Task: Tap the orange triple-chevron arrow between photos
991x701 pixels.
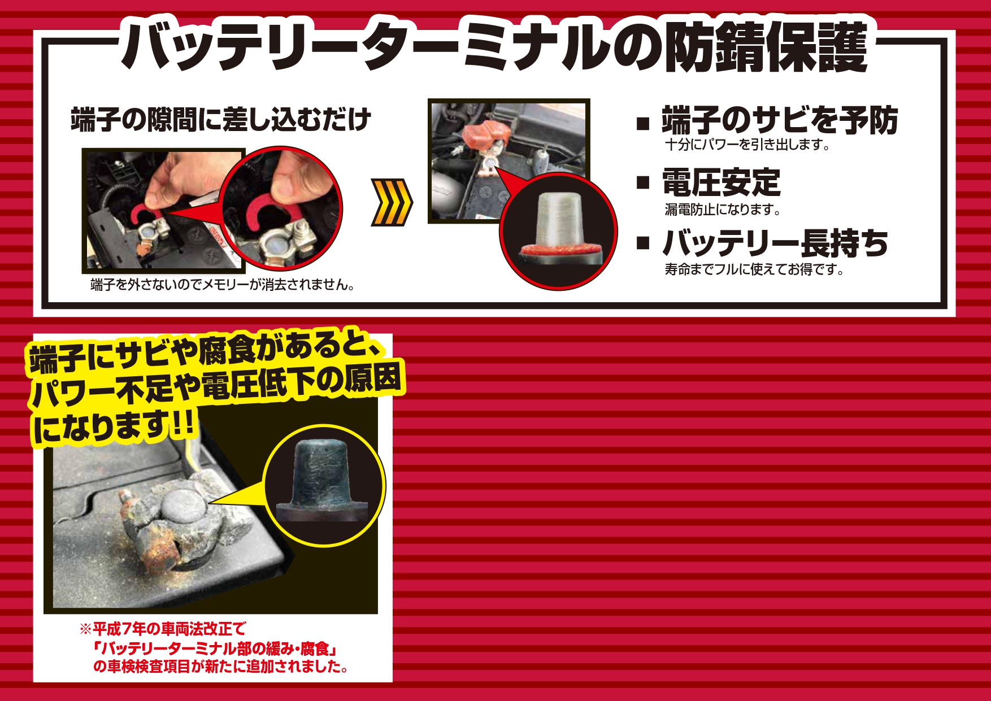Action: pos(392,202)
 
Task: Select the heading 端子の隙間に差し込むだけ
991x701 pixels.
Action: pos(221,119)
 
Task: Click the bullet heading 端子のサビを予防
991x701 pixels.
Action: pos(780,120)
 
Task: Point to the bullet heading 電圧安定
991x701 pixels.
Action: pos(721,182)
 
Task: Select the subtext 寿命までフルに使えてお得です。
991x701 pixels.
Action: pos(755,269)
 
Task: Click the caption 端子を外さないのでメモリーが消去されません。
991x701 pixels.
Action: pos(223,285)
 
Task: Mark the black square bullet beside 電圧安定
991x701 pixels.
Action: pos(643,182)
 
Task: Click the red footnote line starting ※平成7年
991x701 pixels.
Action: pos(163,629)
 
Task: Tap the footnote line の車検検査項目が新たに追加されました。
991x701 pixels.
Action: pos(221,667)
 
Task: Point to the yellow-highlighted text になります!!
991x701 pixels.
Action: pos(114,427)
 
